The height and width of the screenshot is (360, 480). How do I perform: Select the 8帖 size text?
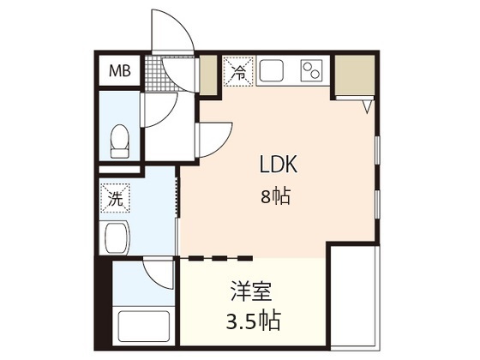(276, 196)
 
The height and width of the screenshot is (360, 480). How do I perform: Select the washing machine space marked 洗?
(114, 199)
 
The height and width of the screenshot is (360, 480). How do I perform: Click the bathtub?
(144, 327)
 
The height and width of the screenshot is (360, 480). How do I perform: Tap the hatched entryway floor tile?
(158, 74)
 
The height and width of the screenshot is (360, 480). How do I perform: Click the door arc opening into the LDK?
(214, 139)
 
